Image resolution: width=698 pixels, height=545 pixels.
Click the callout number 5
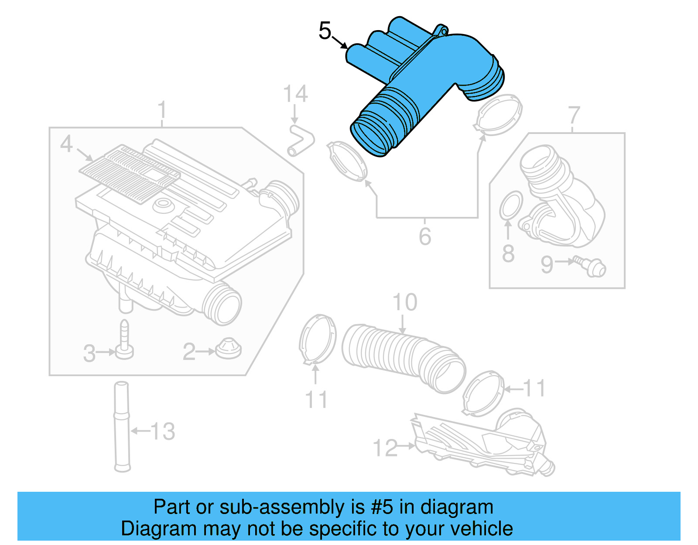[x=325, y=31]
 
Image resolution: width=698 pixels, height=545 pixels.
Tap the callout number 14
[x=295, y=94]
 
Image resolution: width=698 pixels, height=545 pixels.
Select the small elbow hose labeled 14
[x=301, y=140]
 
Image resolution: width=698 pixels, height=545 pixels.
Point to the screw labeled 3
[x=124, y=341]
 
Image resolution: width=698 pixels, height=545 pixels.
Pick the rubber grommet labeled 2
[x=228, y=349]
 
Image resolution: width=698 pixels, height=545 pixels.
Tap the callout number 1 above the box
[x=162, y=110]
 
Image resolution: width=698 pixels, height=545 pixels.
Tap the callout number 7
[x=574, y=115]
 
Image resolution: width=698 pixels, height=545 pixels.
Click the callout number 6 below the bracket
[x=425, y=236]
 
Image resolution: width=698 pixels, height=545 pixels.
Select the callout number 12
[x=385, y=448]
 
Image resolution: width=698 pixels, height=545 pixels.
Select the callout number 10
[x=404, y=302]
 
